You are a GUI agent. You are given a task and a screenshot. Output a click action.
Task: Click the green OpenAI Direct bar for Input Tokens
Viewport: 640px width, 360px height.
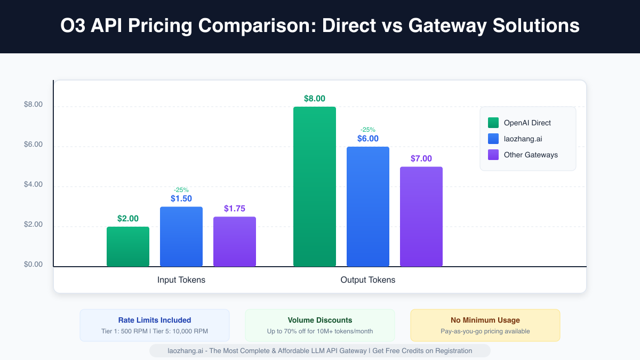pos(128,246)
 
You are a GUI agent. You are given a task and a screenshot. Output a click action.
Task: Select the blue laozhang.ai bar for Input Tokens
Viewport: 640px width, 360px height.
pos(181,236)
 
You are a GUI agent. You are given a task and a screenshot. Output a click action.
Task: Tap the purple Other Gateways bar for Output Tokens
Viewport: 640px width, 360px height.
pos(421,217)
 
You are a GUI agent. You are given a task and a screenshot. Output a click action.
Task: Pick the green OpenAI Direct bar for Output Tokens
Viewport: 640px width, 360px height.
pos(315,187)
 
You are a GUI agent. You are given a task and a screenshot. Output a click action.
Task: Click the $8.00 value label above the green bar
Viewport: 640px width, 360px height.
pos(315,99)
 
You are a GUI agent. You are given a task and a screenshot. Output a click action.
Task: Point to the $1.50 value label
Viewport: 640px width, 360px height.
pos(181,198)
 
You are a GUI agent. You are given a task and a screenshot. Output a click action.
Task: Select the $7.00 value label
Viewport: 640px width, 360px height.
pos(421,158)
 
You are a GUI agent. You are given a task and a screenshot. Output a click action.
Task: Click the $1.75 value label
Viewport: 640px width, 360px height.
pos(235,209)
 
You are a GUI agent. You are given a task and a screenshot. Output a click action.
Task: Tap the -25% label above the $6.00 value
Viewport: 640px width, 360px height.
pos(368,129)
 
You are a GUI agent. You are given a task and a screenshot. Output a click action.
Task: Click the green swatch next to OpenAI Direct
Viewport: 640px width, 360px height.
pos(493,123)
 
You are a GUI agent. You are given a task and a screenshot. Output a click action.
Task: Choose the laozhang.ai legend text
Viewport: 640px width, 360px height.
pos(523,139)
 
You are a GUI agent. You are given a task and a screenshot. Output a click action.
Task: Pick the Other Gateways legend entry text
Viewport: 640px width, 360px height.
pos(531,155)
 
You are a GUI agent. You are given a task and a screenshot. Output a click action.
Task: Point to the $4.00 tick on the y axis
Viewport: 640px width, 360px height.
pos(33,185)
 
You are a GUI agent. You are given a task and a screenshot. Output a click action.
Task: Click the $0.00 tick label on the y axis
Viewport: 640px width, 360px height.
pos(33,265)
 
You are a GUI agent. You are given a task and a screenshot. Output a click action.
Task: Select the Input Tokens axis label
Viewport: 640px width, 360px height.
pos(181,280)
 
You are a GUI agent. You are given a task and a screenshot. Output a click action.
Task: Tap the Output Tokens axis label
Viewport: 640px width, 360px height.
pos(368,280)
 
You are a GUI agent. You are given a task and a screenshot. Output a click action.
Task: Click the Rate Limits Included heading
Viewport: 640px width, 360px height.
pos(155,320)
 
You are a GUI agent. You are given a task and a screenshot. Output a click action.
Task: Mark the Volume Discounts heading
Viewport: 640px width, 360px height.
pos(320,320)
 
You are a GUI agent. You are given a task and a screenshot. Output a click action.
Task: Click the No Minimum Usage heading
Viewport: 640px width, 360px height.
pos(485,320)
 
